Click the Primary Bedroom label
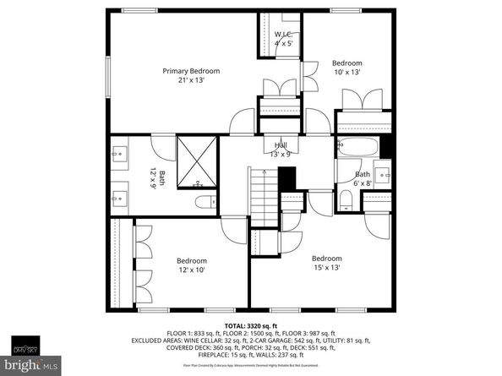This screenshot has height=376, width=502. [191, 71]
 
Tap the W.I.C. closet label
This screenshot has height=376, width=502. [283, 35]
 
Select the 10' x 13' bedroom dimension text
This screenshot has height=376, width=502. [346, 73]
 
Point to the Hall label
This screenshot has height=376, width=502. [280, 145]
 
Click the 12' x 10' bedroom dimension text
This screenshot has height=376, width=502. [191, 270]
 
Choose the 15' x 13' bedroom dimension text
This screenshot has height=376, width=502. [326, 268]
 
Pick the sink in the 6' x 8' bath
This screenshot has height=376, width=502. [382, 177]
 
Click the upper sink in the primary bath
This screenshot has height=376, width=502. [118, 155]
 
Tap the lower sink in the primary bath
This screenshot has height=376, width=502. [118, 199]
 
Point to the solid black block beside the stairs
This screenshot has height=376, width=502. [287, 179]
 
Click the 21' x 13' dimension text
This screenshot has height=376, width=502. [191, 80]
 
